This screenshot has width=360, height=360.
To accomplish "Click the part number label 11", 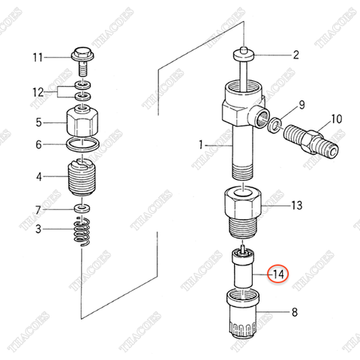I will [x=37, y=57].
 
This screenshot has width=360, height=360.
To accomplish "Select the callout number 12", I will [x=37, y=93].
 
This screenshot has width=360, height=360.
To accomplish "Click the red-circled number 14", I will [x=277, y=274].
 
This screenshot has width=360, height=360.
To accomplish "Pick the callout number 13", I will [x=296, y=205].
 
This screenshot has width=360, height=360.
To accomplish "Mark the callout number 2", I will [x=295, y=55].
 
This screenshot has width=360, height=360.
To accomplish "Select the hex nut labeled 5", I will [x=82, y=120].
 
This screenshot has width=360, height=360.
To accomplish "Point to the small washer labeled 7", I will [x=80, y=206].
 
